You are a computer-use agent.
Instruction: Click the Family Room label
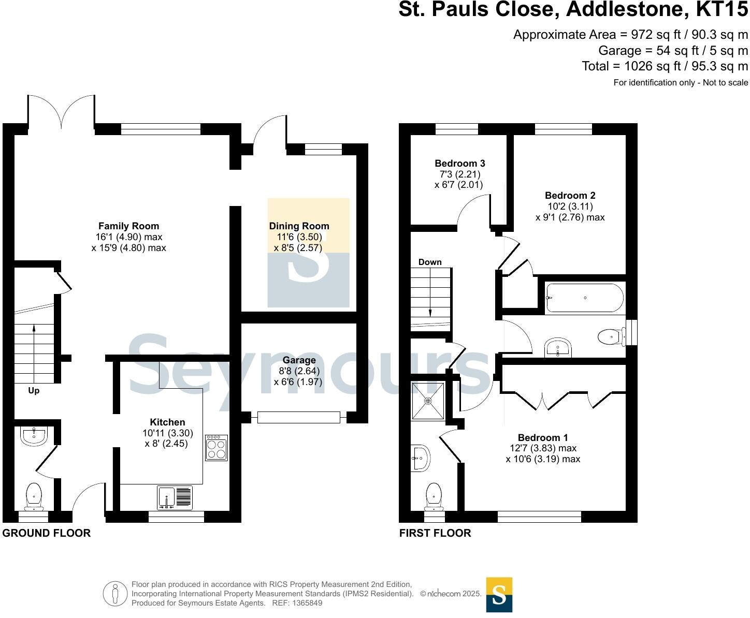(128, 226)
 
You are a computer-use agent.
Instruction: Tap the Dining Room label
(299, 226)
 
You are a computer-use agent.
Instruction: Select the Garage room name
(299, 360)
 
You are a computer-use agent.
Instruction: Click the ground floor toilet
(34, 495)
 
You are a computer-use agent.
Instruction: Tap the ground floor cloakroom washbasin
(34, 436)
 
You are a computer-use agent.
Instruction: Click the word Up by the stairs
(34, 391)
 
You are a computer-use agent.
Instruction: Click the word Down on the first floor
(430, 262)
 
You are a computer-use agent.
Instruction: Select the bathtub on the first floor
(584, 298)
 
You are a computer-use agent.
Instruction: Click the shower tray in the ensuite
(428, 401)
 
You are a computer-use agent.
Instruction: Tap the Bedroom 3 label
(459, 164)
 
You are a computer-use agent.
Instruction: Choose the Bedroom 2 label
(570, 196)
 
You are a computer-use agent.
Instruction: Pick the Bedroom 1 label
(543, 438)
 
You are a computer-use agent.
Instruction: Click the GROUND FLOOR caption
(47, 533)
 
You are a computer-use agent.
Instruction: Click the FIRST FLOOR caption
(435, 533)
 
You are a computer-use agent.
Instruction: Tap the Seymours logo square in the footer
(499, 595)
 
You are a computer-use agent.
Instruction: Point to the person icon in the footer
(115, 594)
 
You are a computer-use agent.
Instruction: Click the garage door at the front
(299, 417)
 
